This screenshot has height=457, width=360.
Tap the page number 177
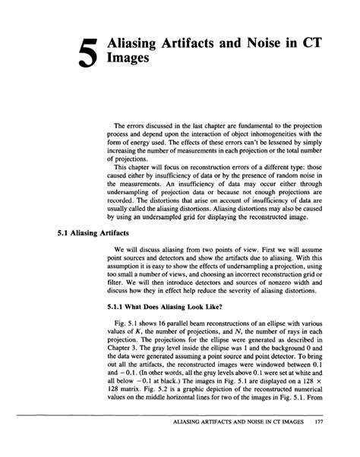click(x=329, y=446)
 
